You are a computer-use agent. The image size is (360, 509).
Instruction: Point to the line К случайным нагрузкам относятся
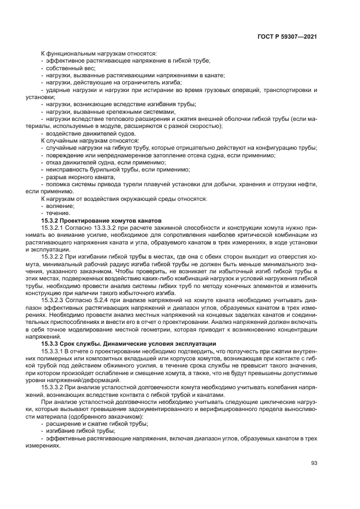pos(90,140)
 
